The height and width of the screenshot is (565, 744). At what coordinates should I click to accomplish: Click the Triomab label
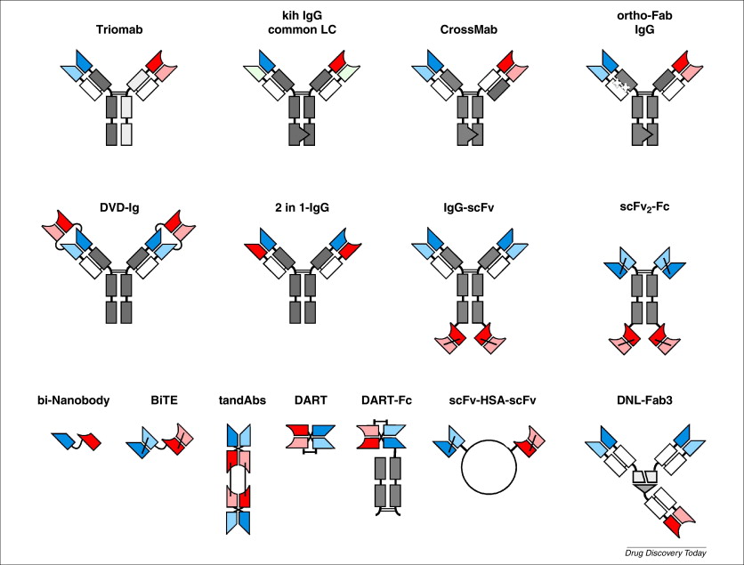(x=119, y=28)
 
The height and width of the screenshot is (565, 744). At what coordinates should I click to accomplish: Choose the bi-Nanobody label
(x=74, y=400)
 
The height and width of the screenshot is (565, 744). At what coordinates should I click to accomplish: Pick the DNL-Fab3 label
(x=641, y=400)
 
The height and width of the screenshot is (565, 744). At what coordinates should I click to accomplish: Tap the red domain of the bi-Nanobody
(x=90, y=440)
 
